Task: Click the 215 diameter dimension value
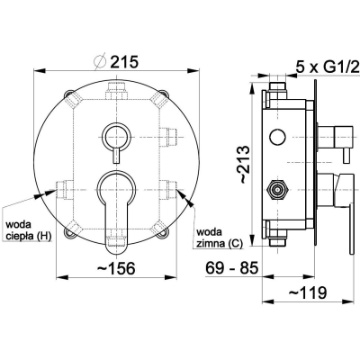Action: coord(125,62)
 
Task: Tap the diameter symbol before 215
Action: coord(100,61)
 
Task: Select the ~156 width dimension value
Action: coord(116,268)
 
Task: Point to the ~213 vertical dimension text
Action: coord(244,164)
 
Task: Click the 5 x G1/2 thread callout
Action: coord(328,67)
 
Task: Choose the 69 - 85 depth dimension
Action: coord(232,267)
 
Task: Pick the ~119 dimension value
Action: coord(308,292)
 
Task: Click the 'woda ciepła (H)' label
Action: coord(29,230)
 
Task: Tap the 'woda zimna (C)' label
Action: coord(220,238)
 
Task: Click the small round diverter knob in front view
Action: coord(116,135)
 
